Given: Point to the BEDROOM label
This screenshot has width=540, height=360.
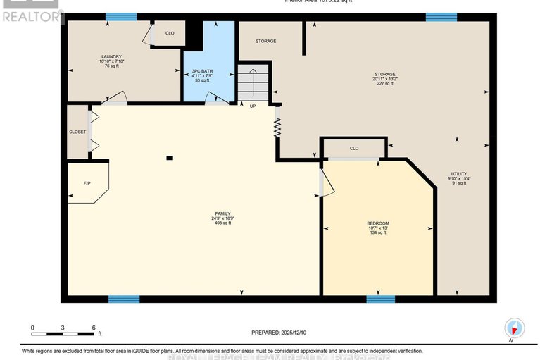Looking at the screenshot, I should pos(377,223).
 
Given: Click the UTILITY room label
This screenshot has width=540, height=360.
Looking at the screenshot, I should pos(459,173).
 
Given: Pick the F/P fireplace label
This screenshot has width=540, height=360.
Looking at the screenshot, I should pos(87,183).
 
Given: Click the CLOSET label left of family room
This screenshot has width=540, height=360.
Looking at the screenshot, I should pos(77,131).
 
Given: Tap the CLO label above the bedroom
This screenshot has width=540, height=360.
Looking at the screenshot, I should pos(354,149).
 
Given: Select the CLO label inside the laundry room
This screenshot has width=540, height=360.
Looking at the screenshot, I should pos(170,33).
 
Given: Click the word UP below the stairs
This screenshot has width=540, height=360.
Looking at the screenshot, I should pos(253,106).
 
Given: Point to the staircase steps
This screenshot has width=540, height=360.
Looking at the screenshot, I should pos(253,82).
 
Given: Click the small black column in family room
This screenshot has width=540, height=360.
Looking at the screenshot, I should pos(169,158).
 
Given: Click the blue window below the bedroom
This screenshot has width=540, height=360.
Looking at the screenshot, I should pos(380,299).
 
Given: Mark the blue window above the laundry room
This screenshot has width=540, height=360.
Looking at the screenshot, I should pos(121,17).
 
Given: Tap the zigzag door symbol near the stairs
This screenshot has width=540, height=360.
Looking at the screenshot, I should pos(277,127).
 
